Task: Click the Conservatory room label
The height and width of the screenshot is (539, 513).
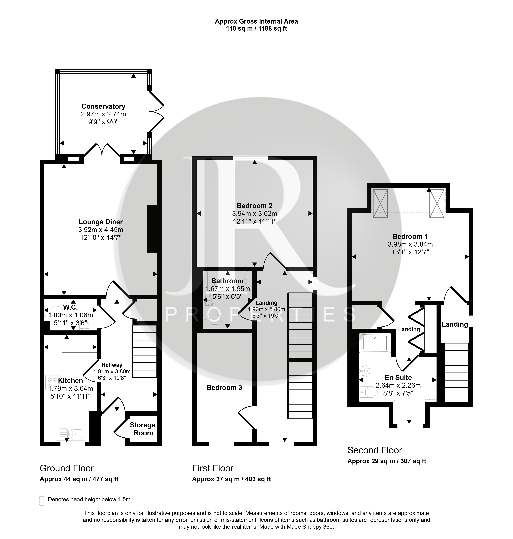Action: tap(103, 106)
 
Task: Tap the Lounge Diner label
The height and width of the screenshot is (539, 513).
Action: tap(101, 222)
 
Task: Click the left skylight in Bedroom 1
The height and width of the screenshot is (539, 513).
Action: tap(380, 203)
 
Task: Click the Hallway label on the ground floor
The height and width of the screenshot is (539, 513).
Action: tap(112, 365)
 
